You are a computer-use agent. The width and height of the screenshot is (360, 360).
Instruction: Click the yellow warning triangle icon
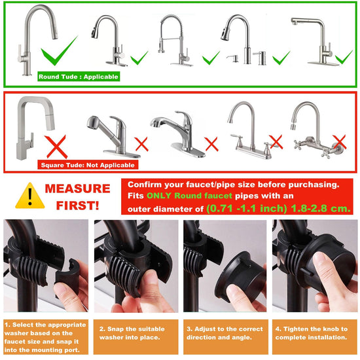[30, 197]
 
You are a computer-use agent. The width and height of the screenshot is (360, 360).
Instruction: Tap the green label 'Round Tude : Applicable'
[79, 77]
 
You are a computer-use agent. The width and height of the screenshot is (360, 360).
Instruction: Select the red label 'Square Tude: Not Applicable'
[88, 165]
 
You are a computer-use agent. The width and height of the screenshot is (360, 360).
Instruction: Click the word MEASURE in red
[78, 189]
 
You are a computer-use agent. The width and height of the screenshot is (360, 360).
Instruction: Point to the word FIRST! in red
[78, 206]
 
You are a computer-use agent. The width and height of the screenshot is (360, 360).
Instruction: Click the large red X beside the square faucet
[56, 147]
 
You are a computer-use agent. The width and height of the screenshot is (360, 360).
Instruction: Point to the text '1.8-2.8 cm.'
[321, 208]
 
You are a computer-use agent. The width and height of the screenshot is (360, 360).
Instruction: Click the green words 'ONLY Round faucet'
[189, 196]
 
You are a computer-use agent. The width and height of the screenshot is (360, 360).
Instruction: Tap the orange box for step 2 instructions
[136, 337]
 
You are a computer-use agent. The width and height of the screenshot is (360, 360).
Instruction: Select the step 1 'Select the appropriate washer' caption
[46, 337]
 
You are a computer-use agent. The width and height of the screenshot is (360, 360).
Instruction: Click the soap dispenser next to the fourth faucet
[260, 58]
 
